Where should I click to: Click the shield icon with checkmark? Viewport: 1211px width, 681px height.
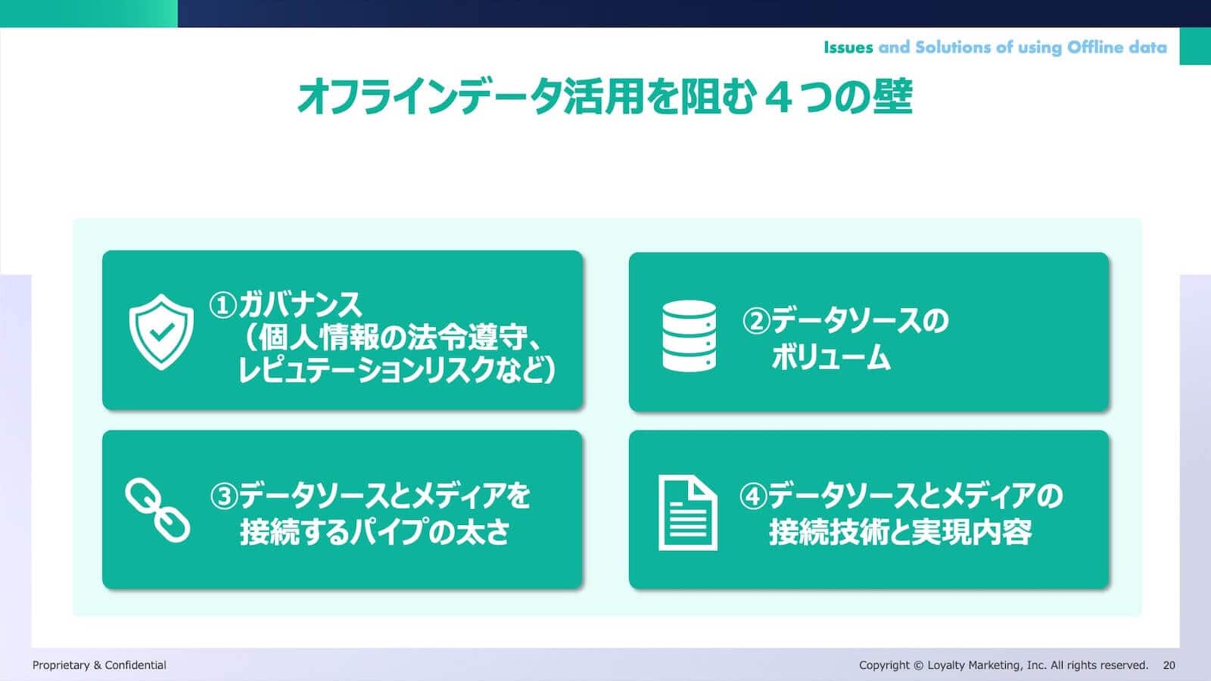[161, 332]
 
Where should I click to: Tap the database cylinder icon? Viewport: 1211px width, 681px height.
[690, 336]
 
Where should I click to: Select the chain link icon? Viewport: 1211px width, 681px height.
[157, 510]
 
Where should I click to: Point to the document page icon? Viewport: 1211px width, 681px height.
[688, 512]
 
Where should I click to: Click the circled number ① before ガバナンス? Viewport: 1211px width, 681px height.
[223, 306]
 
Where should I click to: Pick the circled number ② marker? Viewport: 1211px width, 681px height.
[756, 321]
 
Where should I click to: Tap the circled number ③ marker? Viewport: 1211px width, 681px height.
[224, 496]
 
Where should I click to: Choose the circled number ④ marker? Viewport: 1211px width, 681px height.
[753, 496]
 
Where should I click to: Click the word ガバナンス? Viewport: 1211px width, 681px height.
[300, 305]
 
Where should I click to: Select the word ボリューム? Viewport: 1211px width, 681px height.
[830, 357]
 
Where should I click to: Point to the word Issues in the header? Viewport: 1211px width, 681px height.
[848, 48]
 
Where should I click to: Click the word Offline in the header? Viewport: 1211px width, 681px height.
[1095, 48]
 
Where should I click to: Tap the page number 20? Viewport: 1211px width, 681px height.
[1169, 665]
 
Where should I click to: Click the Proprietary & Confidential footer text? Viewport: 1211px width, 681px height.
[99, 665]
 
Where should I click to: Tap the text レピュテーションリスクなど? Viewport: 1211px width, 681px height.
[391, 371]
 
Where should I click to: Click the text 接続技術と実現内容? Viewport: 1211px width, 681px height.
[901, 533]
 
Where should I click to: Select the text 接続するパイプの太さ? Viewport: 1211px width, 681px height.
[375, 533]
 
